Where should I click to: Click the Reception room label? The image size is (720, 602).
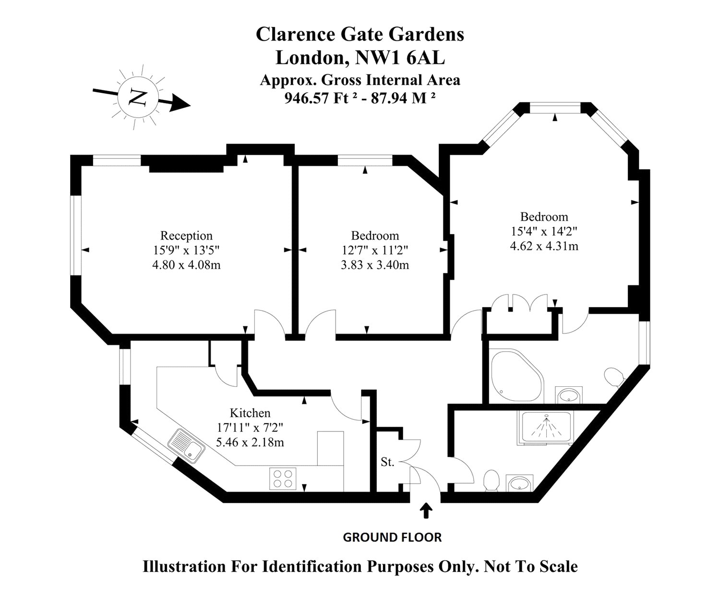click(x=186, y=236)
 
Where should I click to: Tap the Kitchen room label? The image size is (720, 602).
click(x=250, y=413)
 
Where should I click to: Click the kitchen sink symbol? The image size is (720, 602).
click(x=187, y=445)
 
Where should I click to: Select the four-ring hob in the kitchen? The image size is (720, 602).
click(x=282, y=479)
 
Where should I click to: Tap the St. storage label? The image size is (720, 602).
click(x=387, y=463)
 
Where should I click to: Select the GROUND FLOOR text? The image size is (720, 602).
click(x=392, y=537)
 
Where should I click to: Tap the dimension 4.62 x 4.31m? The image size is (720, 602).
click(x=544, y=246)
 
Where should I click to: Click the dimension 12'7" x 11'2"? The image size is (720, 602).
click(x=375, y=250)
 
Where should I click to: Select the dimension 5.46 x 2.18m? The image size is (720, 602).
click(x=250, y=442)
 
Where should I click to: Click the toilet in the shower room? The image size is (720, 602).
click(x=491, y=480)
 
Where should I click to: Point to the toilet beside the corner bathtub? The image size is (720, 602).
click(x=614, y=377)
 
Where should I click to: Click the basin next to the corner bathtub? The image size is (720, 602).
click(x=569, y=396)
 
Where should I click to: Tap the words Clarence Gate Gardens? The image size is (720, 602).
click(x=360, y=35)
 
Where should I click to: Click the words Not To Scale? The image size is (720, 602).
click(x=531, y=566)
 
